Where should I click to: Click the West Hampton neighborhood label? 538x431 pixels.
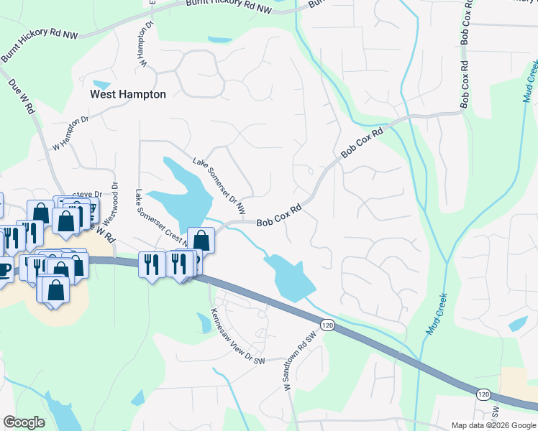[x=127, y=94]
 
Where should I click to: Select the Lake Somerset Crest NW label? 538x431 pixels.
[x=161, y=218]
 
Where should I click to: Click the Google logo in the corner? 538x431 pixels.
[x=24, y=422]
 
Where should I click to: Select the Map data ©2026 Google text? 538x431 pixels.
[x=493, y=425]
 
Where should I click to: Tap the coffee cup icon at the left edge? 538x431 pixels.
[x=4, y=270]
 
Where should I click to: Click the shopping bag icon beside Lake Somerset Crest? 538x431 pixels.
[x=201, y=241]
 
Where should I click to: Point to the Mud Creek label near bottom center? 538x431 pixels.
[x=437, y=314]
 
